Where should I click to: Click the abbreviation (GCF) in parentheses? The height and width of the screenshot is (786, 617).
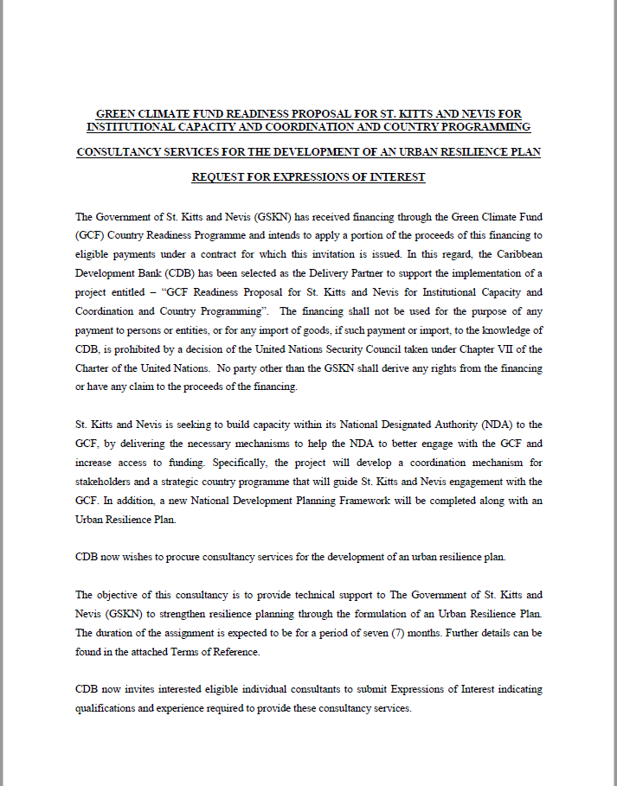91,235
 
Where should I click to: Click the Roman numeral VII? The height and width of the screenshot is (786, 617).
511,349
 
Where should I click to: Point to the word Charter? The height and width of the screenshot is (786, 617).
94,368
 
